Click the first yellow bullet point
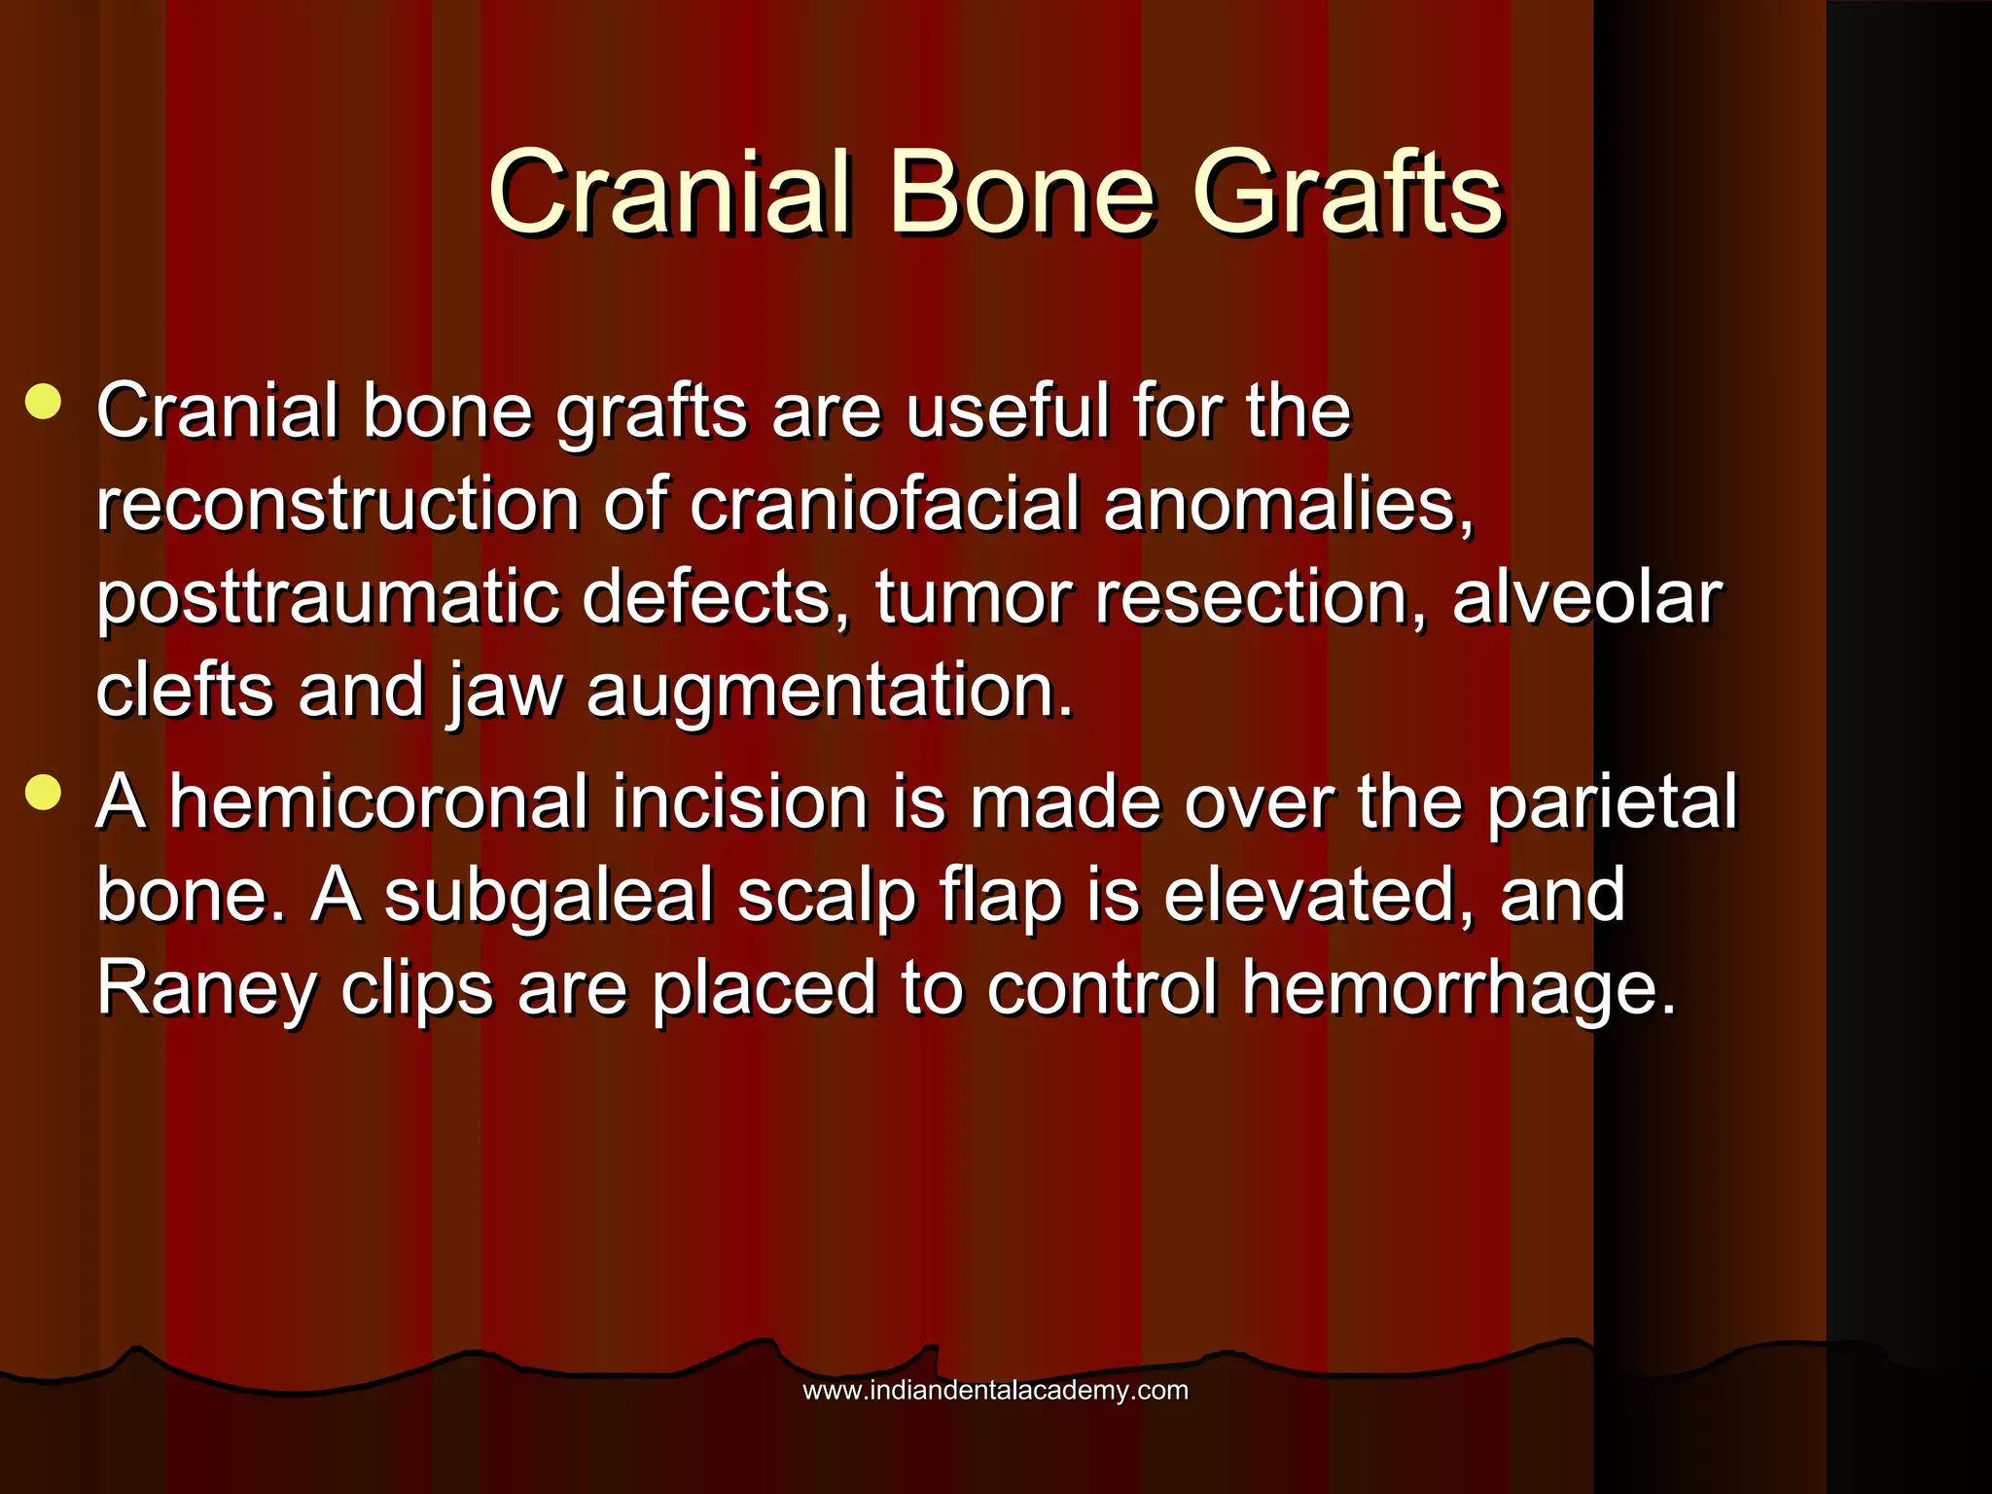pyautogui.click(x=44, y=402)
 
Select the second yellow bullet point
pyautogui.click(x=44, y=792)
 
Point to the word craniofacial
pyautogui.click(x=884, y=505)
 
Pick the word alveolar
pyautogui.click(x=1586, y=597)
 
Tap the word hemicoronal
pyautogui.click(x=379, y=802)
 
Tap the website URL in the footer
pyautogui.click(x=995, y=1391)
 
